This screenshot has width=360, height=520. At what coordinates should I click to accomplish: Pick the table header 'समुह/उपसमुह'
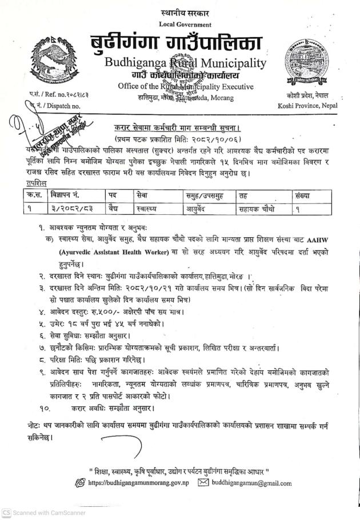click(x=206, y=196)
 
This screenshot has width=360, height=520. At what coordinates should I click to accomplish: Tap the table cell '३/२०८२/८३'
click(x=65, y=209)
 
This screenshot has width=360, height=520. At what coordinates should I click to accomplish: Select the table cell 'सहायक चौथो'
click(x=257, y=209)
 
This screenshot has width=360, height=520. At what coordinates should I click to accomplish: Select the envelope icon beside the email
click(x=203, y=483)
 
